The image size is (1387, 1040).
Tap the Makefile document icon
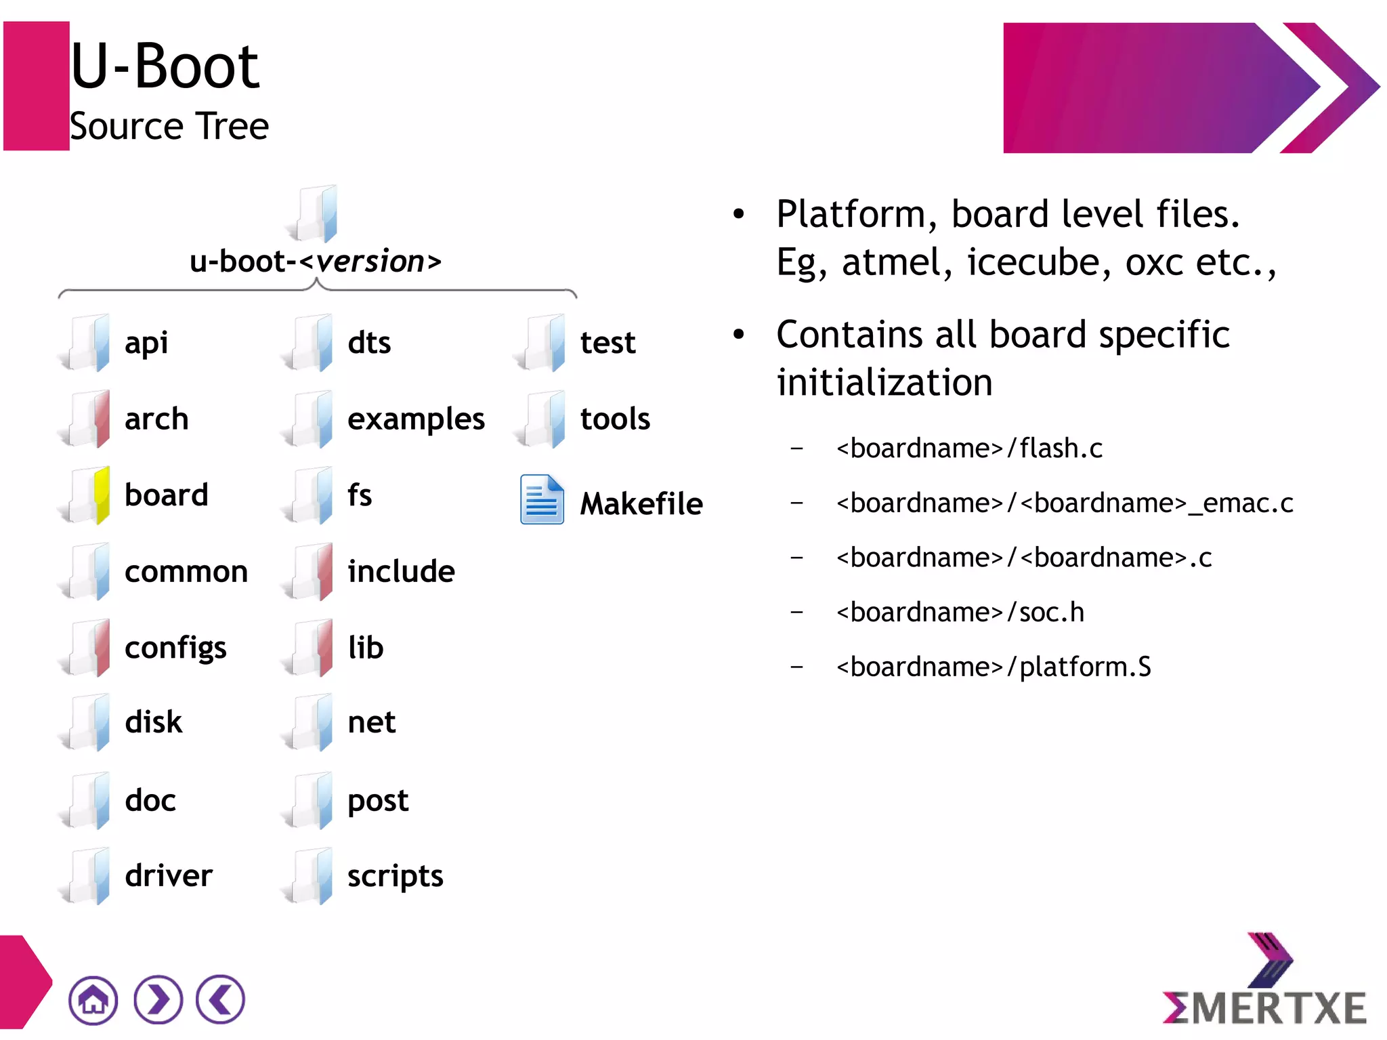541,500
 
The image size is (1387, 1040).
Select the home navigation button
93,999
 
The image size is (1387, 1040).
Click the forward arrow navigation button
158,999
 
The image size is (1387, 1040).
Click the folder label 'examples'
416,419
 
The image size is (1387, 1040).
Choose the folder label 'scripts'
395,876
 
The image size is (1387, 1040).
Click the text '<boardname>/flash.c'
969,449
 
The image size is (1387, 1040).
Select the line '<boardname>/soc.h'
960,612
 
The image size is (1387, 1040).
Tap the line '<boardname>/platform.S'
993,667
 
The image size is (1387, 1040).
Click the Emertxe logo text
1264,1007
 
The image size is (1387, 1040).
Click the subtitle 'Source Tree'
169,127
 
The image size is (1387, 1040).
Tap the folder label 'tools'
615,419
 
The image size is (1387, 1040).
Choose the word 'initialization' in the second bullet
884,383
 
